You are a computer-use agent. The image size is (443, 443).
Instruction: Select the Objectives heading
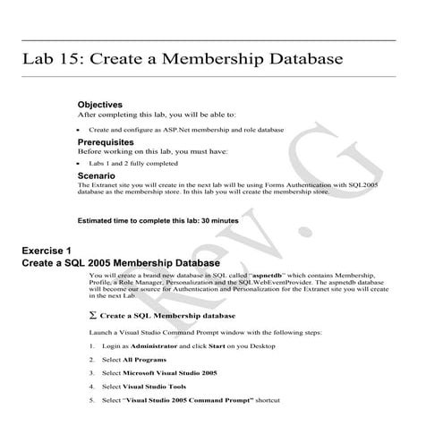tap(106, 105)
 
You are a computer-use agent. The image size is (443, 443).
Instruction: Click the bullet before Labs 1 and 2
tap(94, 164)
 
